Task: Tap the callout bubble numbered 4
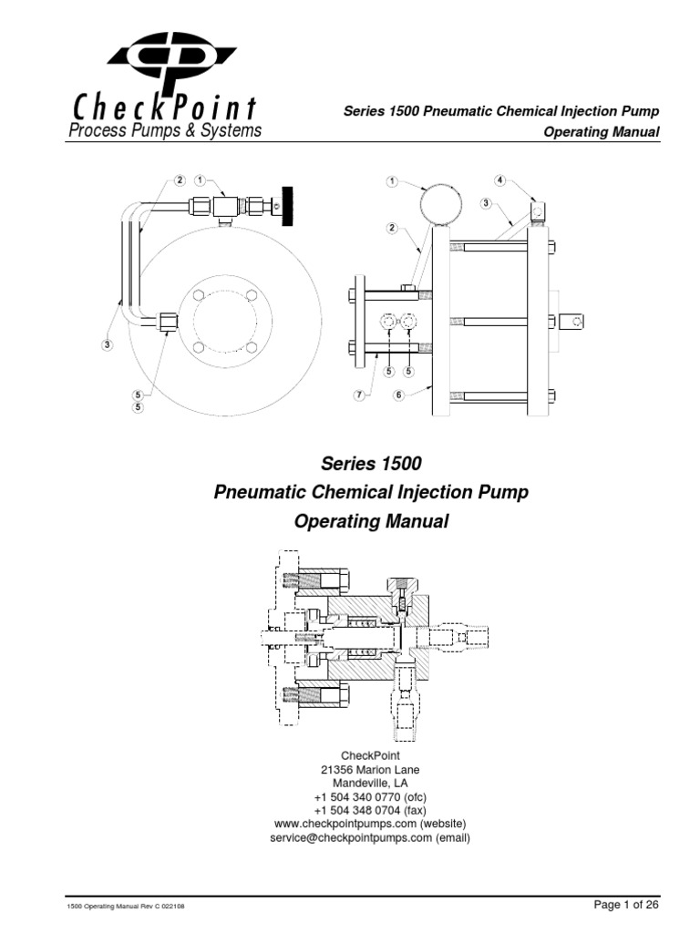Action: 499,179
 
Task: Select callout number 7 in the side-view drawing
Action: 360,395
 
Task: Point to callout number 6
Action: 398,395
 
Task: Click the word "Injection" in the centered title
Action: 416,493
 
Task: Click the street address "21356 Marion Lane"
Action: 370,769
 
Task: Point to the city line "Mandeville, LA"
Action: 370,783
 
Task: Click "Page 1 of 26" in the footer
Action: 625,905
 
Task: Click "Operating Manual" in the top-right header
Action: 601,132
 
